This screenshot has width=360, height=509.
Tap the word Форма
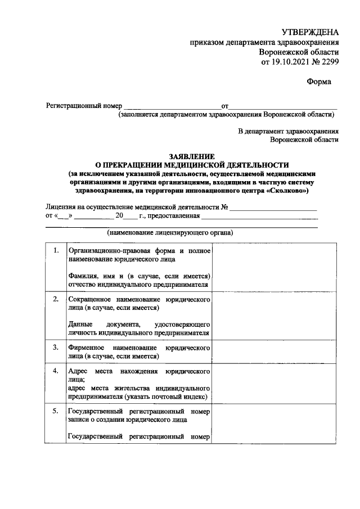click(x=318, y=82)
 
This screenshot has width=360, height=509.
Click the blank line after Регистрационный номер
click(x=172, y=106)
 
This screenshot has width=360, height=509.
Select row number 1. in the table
click(x=55, y=250)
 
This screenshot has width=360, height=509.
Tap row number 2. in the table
click(x=55, y=299)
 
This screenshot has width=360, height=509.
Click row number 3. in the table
click(x=55, y=348)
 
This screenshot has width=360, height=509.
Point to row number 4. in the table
click(x=55, y=372)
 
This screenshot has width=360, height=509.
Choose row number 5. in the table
click(x=55, y=412)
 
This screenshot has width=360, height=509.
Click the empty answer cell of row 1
click(x=274, y=267)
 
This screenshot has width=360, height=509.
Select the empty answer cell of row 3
click(x=274, y=352)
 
